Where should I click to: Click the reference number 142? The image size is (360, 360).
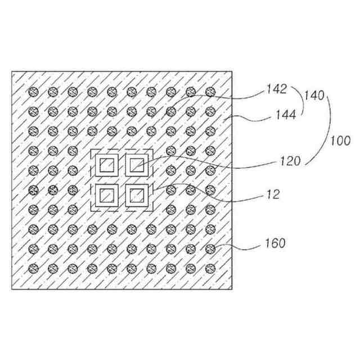(x=277, y=88)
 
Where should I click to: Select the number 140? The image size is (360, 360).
(x=314, y=96)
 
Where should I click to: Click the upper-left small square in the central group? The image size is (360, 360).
(x=106, y=165)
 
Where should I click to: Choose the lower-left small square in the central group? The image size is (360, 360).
(x=106, y=195)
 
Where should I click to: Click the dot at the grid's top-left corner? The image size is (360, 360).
(x=33, y=91)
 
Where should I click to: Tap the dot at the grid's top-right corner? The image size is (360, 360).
(x=210, y=91)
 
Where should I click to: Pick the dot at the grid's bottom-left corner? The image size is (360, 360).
(x=33, y=268)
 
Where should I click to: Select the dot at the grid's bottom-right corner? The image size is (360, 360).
(x=210, y=268)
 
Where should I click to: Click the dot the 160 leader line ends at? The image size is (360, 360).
(x=210, y=248)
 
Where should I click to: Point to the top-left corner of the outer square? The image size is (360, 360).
(x=12, y=71)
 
